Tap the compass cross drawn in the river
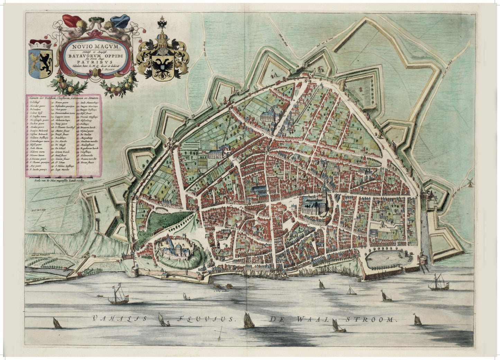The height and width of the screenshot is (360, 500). [220, 334]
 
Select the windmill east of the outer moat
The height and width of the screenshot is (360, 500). [469, 182]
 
